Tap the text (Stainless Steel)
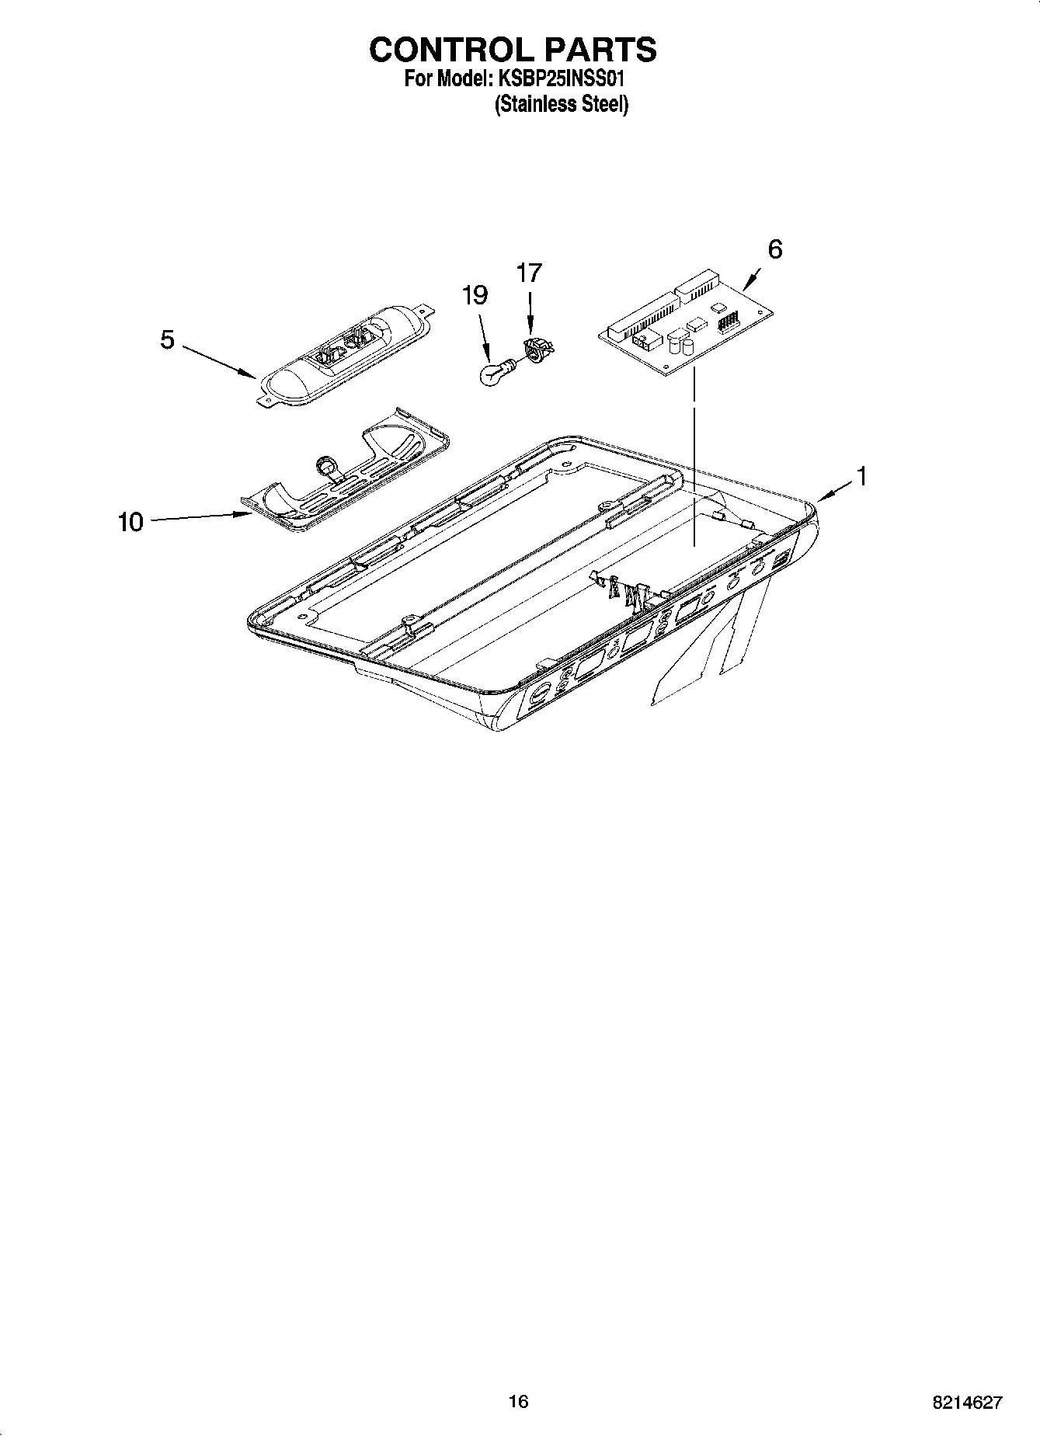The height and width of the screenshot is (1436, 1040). click(562, 104)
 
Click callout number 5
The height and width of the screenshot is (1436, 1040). click(167, 339)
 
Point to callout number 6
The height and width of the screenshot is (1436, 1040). click(774, 249)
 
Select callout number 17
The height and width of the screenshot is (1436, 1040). click(529, 273)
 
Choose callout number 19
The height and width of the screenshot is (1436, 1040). click(475, 295)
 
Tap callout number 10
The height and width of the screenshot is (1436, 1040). click(131, 522)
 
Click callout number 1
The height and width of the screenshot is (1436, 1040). click(861, 475)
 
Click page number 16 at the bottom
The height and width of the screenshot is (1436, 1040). click(518, 1401)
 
